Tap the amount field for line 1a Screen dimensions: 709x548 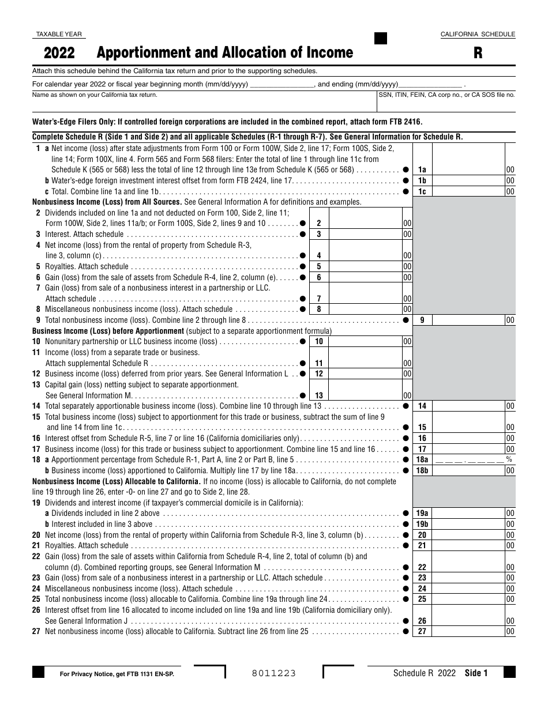click(468, 169)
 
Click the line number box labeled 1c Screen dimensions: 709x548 click(422, 191)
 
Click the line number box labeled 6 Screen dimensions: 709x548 click(319, 277)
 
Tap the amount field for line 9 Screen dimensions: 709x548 click(468, 320)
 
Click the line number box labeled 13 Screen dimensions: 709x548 click(319, 395)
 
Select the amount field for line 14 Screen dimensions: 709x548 click(468, 406)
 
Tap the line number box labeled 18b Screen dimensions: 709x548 click(422, 470)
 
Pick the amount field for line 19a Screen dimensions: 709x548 click(468, 513)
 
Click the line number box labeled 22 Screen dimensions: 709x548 click(422, 567)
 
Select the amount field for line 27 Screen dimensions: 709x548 click(468, 632)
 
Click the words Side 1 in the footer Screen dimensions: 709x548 click(476, 673)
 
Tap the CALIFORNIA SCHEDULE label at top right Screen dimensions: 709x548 click(478, 35)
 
